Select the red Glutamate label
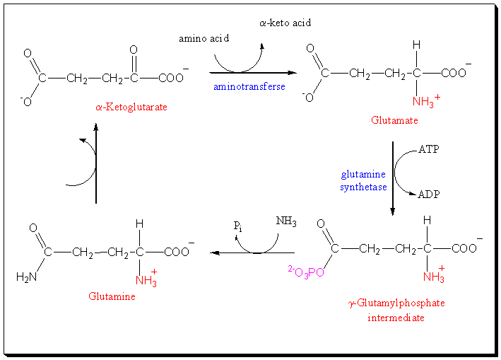click(395, 120)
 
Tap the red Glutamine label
click(112, 296)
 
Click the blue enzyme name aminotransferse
click(249, 86)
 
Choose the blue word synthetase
click(363, 187)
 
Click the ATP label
click(429, 149)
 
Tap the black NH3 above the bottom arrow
click(286, 223)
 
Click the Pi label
click(240, 226)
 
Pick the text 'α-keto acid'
click(285, 23)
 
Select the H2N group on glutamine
click(26, 277)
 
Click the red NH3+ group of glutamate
click(424, 102)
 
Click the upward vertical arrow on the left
click(96, 163)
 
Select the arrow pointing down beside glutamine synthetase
click(393, 178)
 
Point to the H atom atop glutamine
click(140, 224)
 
